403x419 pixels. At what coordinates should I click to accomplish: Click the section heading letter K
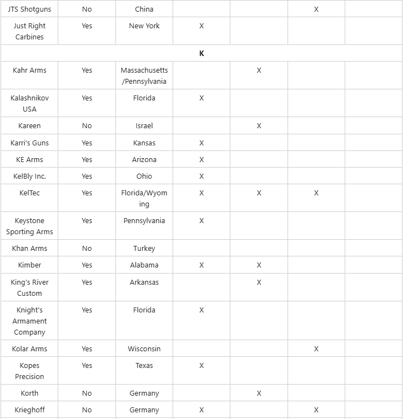pyautogui.click(x=201, y=53)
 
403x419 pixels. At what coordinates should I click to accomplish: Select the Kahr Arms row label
pyautogui.click(x=29, y=70)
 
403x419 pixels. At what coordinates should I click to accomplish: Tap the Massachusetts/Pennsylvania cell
pyautogui.click(x=144, y=75)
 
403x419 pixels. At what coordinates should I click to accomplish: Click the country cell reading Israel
pyautogui.click(x=144, y=126)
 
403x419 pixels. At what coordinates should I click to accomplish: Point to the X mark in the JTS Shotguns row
pyautogui.click(x=316, y=9)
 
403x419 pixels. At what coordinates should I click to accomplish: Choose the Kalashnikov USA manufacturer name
pyautogui.click(x=29, y=103)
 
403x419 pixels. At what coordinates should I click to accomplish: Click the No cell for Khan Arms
pyautogui.click(x=87, y=249)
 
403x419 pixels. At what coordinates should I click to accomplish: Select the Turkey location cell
pyautogui.click(x=144, y=249)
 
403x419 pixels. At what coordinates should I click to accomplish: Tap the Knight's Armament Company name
pyautogui.click(x=29, y=321)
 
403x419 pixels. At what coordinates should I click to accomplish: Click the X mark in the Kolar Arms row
pyautogui.click(x=316, y=349)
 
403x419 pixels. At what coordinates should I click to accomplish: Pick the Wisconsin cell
pyautogui.click(x=144, y=349)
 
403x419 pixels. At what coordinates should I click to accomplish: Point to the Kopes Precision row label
pyautogui.click(x=29, y=371)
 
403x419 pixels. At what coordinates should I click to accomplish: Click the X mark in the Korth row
pyautogui.click(x=259, y=393)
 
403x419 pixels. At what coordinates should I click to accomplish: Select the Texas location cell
pyautogui.click(x=144, y=366)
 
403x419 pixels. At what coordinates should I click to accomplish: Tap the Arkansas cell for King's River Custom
pyautogui.click(x=144, y=282)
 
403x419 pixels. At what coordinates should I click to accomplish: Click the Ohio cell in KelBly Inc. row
pyautogui.click(x=144, y=176)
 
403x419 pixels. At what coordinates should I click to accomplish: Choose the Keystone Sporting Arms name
pyautogui.click(x=29, y=226)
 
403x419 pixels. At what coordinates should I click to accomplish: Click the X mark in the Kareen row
pyautogui.click(x=259, y=126)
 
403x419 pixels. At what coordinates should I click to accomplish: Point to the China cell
pyautogui.click(x=144, y=9)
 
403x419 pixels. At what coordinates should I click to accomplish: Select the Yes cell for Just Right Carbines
pyautogui.click(x=87, y=26)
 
